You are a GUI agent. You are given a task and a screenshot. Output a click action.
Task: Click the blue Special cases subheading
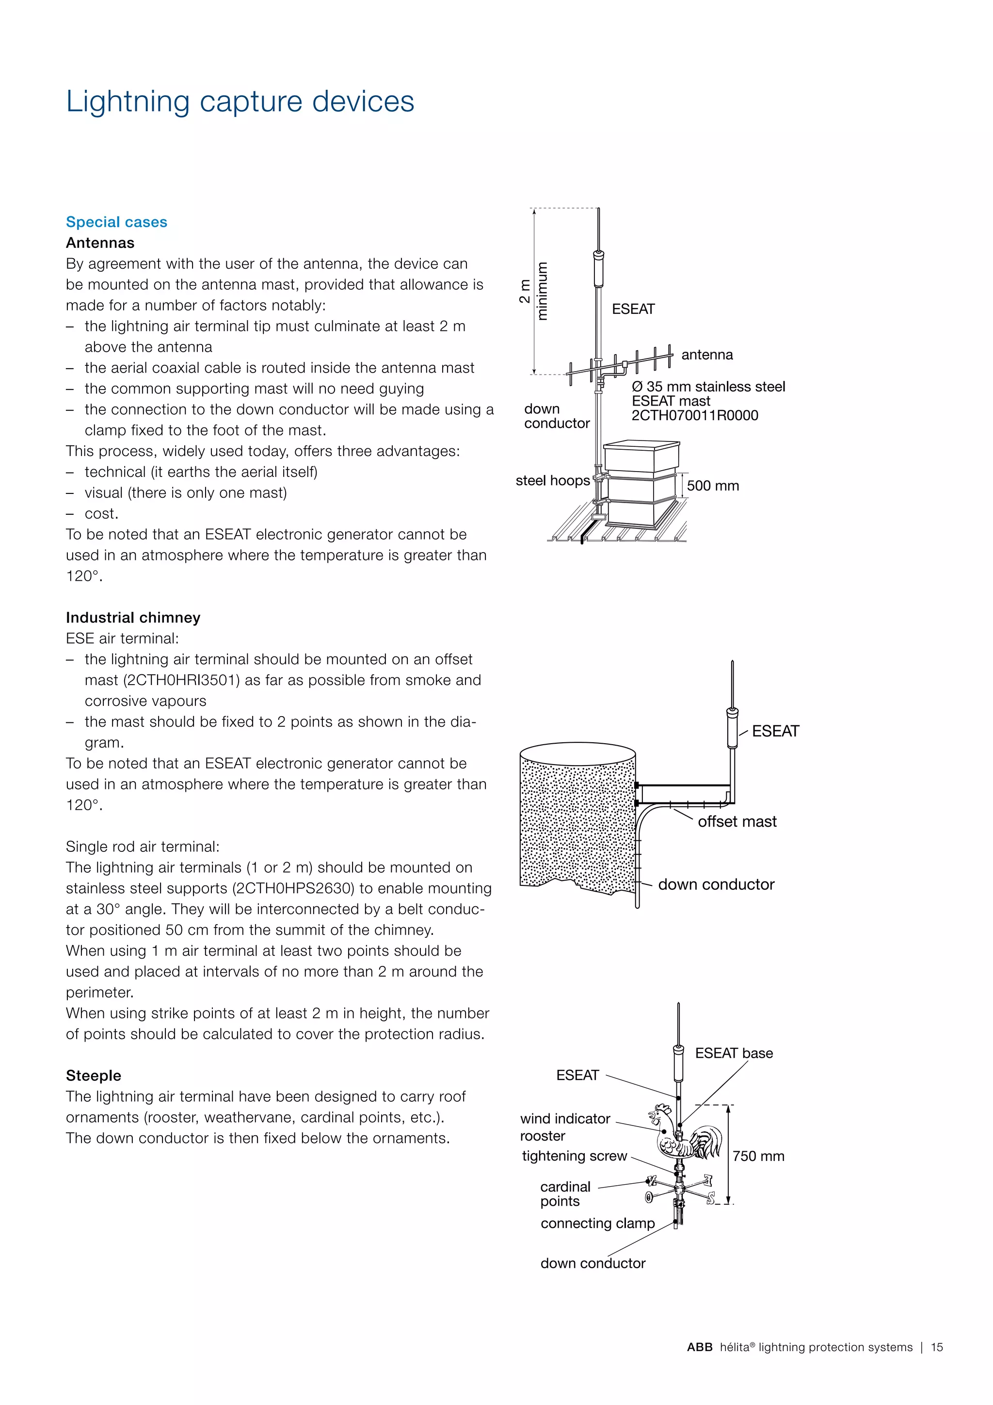click(x=116, y=222)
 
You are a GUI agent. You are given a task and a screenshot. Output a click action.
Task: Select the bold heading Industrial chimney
click(x=133, y=618)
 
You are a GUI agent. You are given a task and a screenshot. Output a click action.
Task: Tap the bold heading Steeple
click(x=94, y=1075)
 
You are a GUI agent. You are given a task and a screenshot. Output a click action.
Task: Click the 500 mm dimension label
click(x=712, y=486)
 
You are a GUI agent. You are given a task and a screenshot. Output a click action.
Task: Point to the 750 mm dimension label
click(x=758, y=1156)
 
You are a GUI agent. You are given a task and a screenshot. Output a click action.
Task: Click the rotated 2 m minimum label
click(x=533, y=291)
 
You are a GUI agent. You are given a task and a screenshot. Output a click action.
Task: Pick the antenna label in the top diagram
click(x=707, y=355)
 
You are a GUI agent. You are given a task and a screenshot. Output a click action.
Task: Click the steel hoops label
click(x=552, y=480)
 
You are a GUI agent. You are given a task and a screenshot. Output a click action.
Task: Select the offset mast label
click(x=737, y=822)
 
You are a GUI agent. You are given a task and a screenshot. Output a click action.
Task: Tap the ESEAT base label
click(x=734, y=1053)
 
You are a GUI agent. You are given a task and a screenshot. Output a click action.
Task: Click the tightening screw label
click(x=574, y=1156)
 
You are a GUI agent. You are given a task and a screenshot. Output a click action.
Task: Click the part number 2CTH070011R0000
click(x=695, y=415)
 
